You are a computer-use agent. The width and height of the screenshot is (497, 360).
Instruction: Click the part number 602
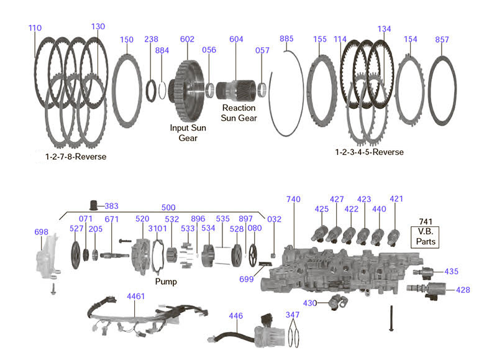pyautogui.click(x=188, y=39)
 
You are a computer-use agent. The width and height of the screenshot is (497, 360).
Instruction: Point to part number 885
pyautogui.click(x=286, y=39)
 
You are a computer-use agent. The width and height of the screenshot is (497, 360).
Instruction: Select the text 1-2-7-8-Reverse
pyautogui.click(x=76, y=157)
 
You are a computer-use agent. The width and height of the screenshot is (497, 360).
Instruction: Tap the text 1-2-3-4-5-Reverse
pyautogui.click(x=369, y=152)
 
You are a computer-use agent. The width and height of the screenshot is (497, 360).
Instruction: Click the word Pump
pyautogui.click(x=166, y=282)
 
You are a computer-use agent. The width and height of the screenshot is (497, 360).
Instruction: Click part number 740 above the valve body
pyautogui.click(x=293, y=200)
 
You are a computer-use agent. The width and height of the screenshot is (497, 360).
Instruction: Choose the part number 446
pyautogui.click(x=236, y=316)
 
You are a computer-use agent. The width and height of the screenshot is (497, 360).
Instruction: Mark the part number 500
pyautogui.click(x=168, y=208)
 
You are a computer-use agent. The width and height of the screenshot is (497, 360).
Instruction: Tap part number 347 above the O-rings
pyautogui.click(x=293, y=316)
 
